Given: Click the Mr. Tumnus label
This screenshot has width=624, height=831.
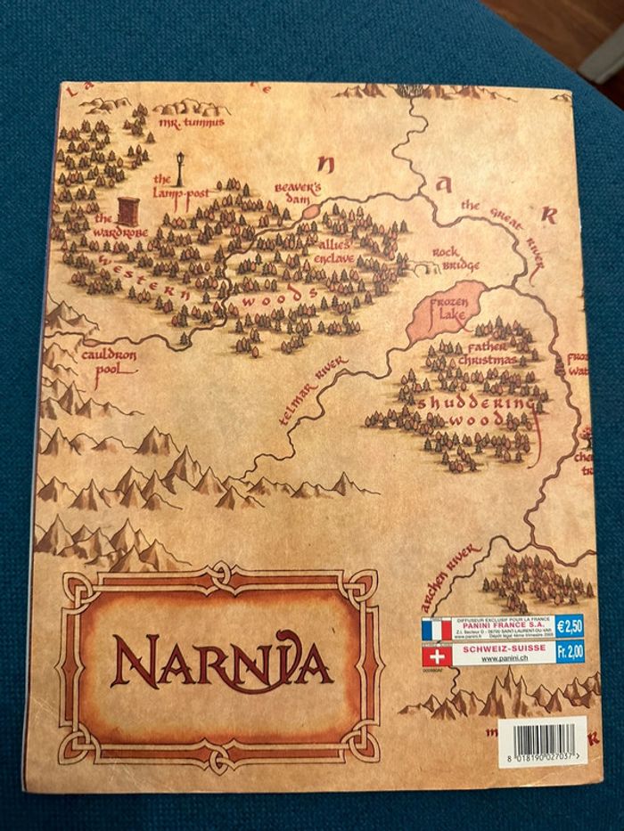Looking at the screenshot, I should (191, 122).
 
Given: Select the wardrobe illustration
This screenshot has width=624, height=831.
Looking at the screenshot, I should (129, 212).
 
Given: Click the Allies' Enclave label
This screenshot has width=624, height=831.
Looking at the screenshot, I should (332, 250).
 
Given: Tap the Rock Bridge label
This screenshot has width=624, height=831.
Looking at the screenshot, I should (457, 258).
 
